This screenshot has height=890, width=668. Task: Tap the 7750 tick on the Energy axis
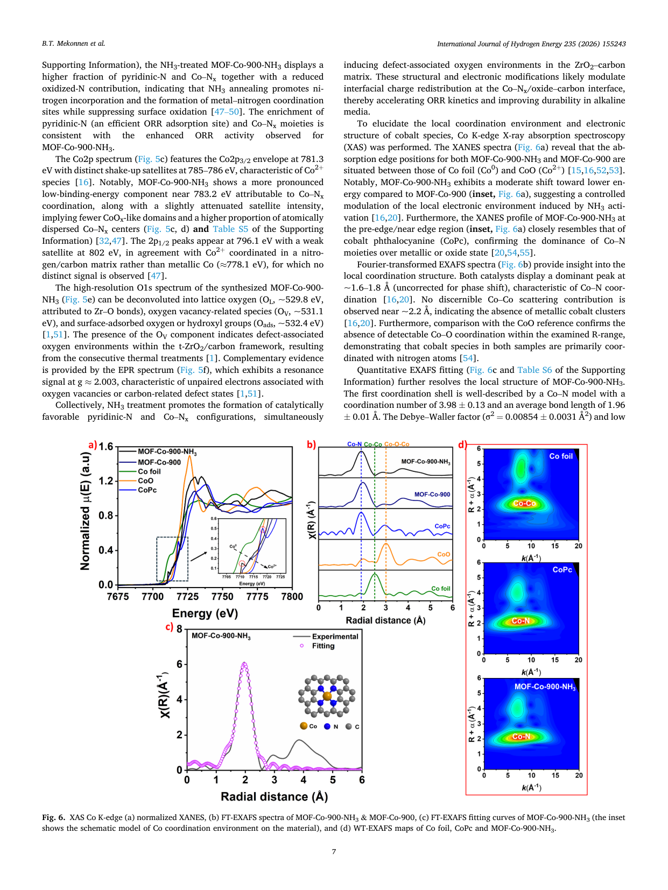(222, 596)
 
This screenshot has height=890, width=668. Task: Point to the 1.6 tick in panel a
(106, 447)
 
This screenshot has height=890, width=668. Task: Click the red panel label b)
(311, 445)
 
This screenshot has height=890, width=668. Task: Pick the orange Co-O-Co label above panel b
(397, 444)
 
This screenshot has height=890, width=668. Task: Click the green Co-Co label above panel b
(372, 444)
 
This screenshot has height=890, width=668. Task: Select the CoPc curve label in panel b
(442, 526)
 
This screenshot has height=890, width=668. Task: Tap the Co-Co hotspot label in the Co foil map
(524, 503)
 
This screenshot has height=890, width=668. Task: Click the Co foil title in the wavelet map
(560, 456)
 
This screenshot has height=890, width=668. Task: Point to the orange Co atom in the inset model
(327, 696)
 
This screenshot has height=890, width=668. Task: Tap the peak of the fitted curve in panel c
(244, 663)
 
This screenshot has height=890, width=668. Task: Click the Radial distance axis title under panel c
(274, 796)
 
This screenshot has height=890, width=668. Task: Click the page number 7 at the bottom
(334, 851)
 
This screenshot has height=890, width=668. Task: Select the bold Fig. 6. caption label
(53, 817)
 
